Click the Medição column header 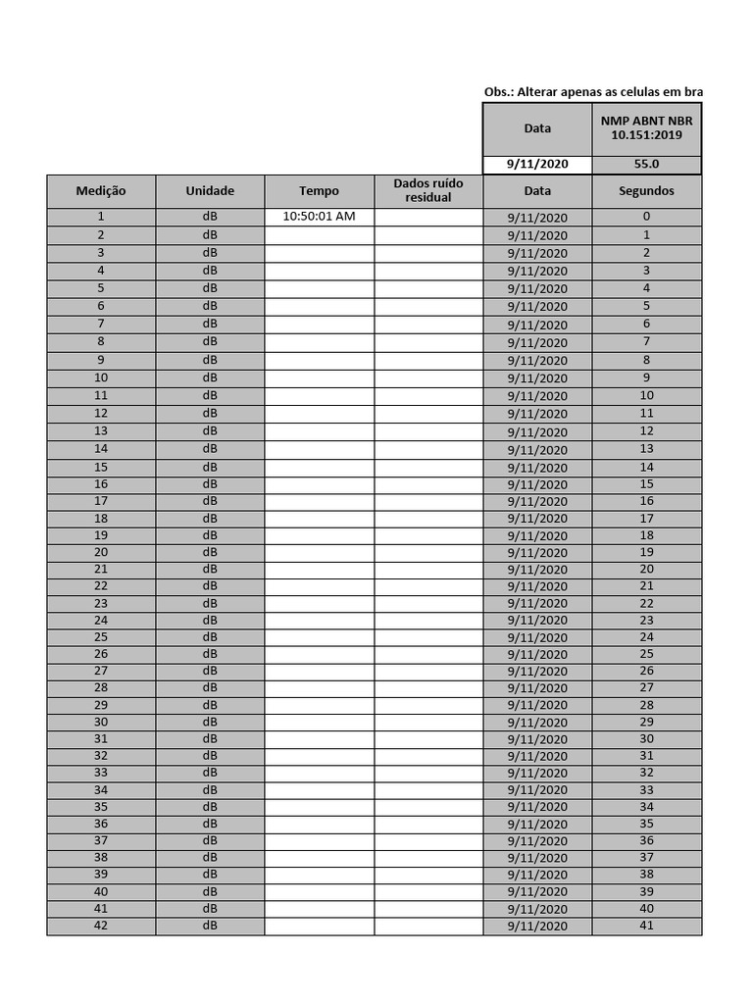tap(101, 191)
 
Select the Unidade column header tap(210, 191)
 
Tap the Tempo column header tap(319, 191)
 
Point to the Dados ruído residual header tap(428, 190)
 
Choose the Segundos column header tap(646, 191)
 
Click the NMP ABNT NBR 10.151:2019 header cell tap(646, 127)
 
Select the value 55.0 tap(646, 165)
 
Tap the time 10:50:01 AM tap(319, 217)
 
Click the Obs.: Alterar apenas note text tap(593, 92)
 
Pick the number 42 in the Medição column tap(101, 926)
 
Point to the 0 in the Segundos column tap(646, 217)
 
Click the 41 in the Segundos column tap(646, 926)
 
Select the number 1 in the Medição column tap(101, 217)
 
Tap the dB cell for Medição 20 tap(210, 552)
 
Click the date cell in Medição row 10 tap(537, 378)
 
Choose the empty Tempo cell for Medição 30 tap(319, 722)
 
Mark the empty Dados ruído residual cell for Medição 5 tap(428, 288)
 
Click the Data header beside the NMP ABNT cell tap(537, 128)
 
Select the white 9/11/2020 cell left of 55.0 tap(537, 165)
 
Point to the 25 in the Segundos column tap(646, 654)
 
